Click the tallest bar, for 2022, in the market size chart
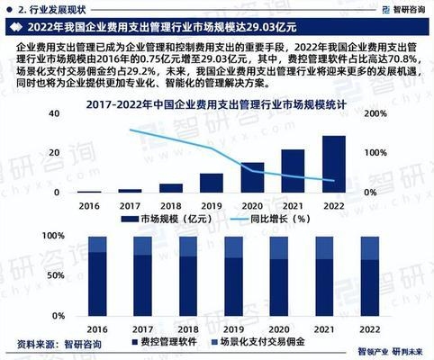333,165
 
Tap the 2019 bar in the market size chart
211,183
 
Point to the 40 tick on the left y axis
55,114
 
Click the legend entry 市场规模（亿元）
175,219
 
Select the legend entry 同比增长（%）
276,219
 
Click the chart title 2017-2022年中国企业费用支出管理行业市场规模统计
217,105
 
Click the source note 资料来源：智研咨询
54,343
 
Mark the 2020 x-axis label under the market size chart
252,205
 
